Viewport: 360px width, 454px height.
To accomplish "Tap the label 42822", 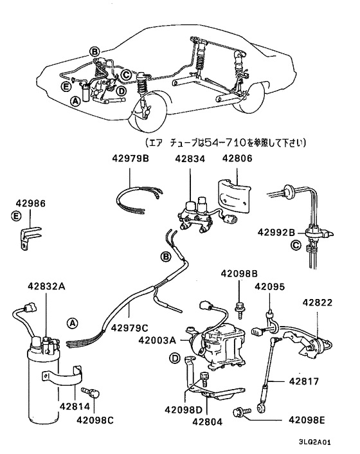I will coord(318,302).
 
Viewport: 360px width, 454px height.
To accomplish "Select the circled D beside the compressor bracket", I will coord(174,358).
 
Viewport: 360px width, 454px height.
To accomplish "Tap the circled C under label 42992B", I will coord(296,244).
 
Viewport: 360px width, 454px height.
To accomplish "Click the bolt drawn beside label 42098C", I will coord(93,392).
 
